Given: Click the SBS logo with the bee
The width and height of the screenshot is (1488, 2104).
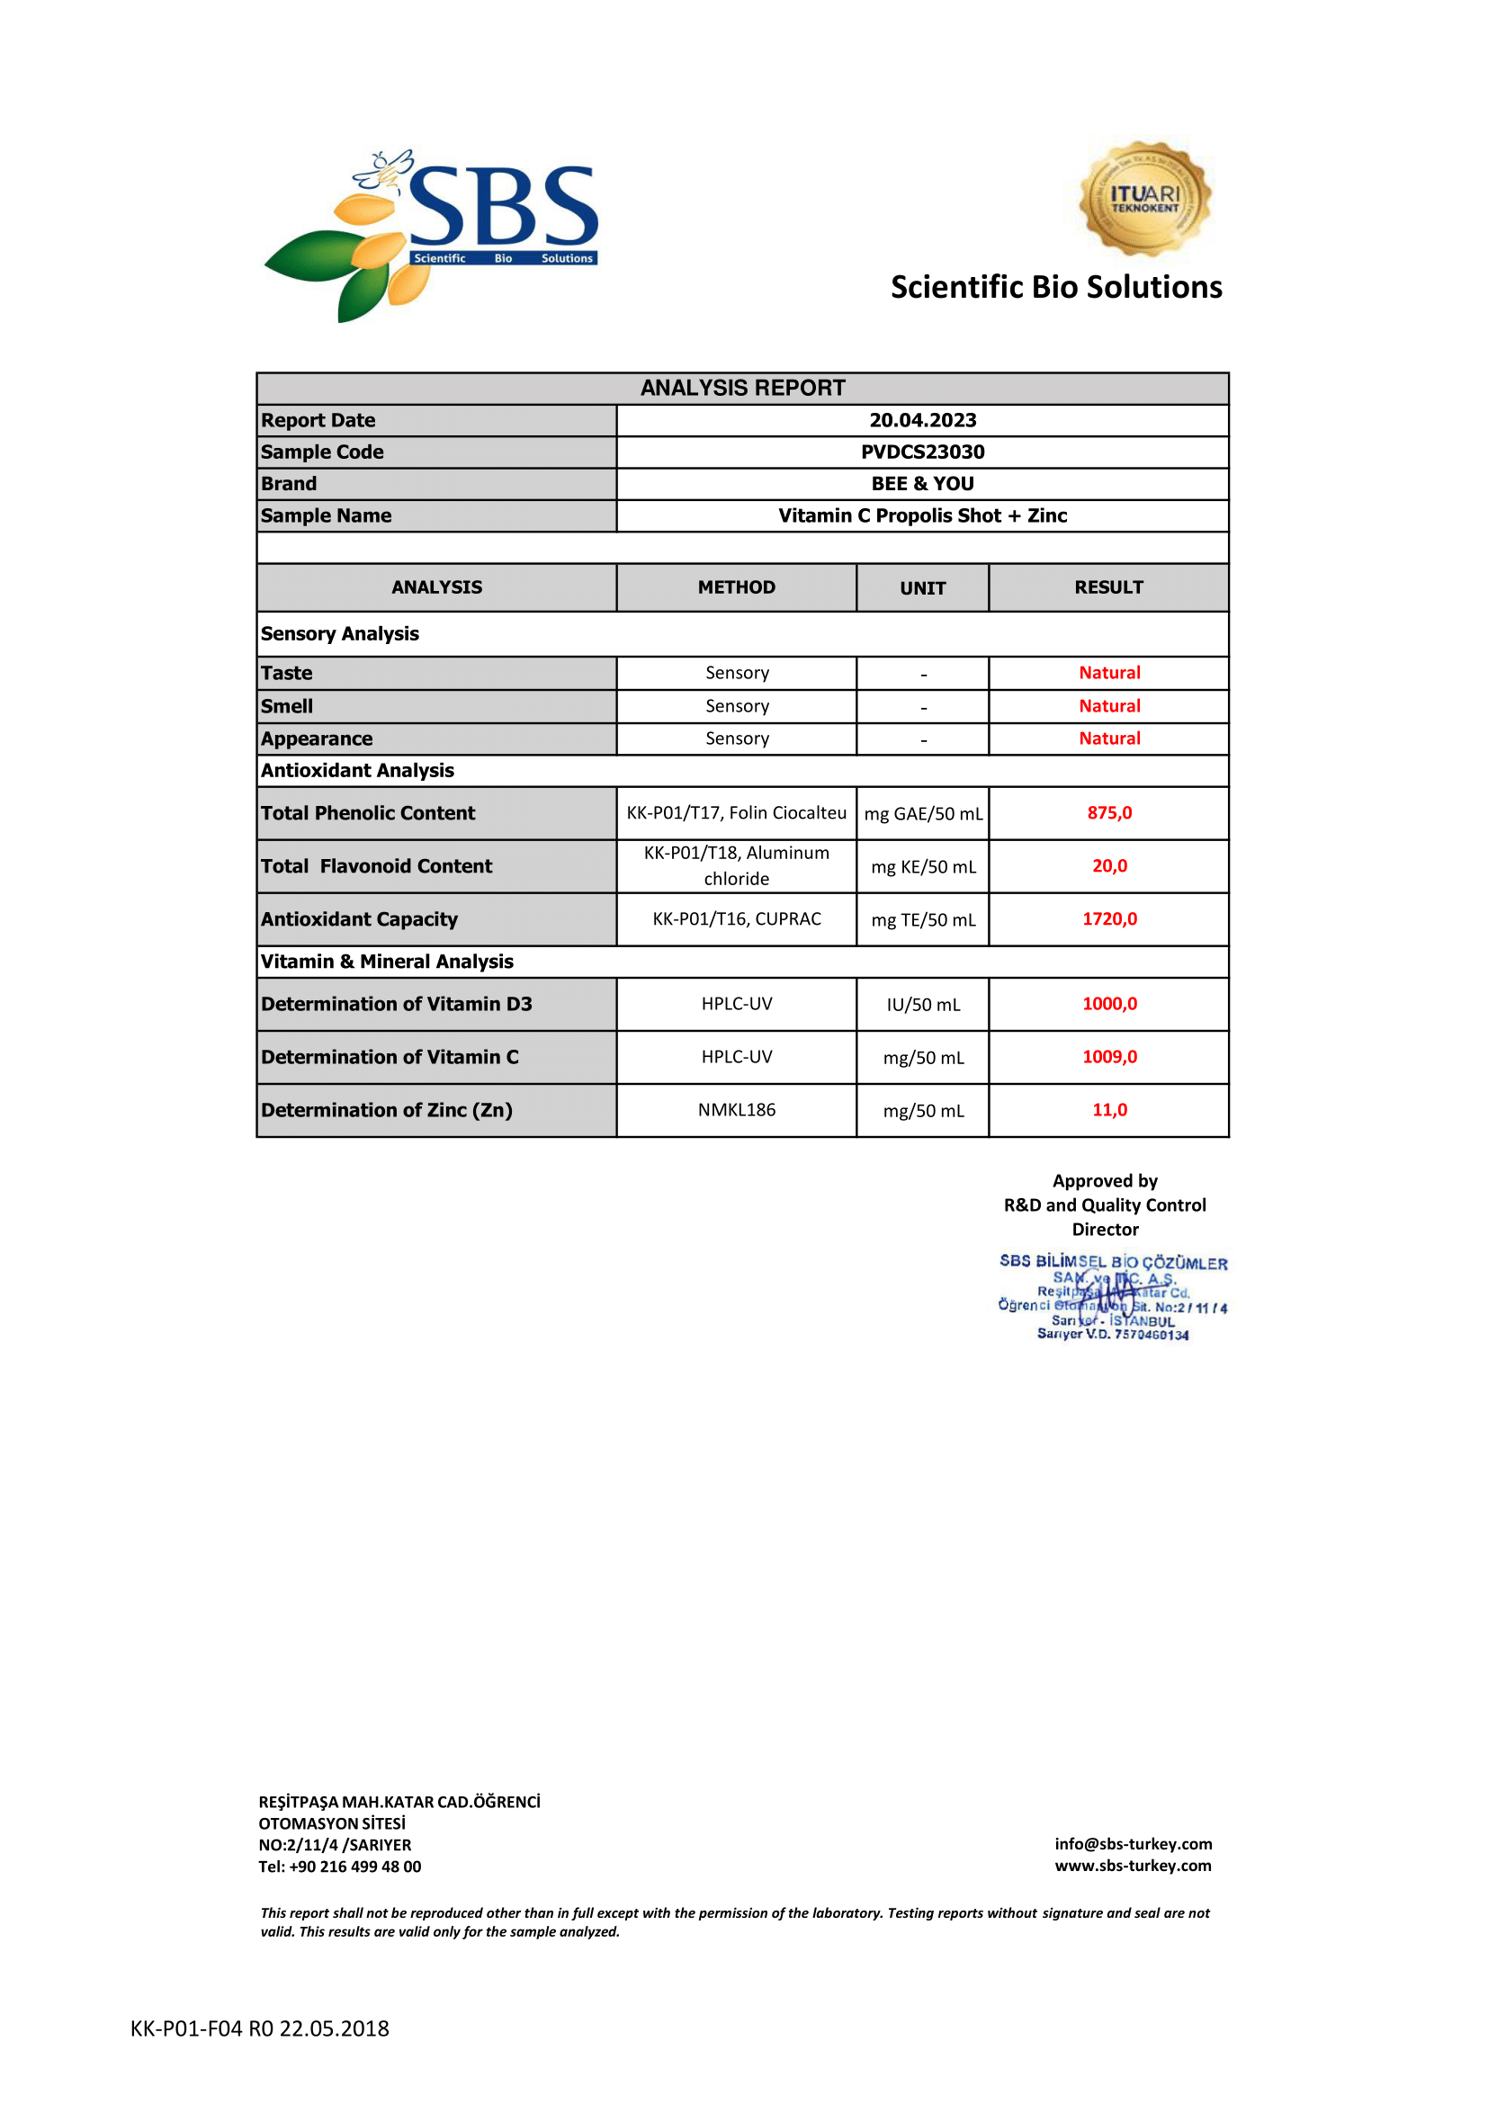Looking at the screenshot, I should [x=431, y=234].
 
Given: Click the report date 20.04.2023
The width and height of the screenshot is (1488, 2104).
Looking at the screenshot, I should [x=922, y=421].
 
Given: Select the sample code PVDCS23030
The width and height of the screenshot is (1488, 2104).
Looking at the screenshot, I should [x=922, y=452].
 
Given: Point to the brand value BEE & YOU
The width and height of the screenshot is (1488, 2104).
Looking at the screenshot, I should [x=922, y=484].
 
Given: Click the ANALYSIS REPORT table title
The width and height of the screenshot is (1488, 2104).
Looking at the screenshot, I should [x=742, y=388].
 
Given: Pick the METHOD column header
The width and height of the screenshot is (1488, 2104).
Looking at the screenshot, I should [x=736, y=587].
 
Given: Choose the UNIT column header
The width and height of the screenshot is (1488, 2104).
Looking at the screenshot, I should [x=922, y=588].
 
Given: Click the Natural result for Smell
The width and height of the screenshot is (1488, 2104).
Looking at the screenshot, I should [x=1108, y=705].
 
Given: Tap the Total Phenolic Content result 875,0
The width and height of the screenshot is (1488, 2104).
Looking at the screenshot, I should [x=1108, y=813].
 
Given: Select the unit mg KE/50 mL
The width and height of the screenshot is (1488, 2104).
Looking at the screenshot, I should [x=923, y=867].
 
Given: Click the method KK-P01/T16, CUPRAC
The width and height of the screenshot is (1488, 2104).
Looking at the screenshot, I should [x=736, y=919].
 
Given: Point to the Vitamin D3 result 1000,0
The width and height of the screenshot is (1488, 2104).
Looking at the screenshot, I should [x=1108, y=1004].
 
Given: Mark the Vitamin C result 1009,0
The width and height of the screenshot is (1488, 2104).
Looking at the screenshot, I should [x=1108, y=1057].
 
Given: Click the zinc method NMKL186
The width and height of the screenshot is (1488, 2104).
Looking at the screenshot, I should [x=736, y=1110].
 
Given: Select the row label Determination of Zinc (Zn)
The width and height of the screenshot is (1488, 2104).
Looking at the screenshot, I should [x=387, y=1110].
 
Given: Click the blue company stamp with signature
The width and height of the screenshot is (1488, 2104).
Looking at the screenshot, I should [x=1112, y=1297].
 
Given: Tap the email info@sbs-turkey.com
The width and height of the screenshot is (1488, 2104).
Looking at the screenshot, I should [x=1133, y=1844].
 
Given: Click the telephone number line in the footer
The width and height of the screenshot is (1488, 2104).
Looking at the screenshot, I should [x=340, y=1867].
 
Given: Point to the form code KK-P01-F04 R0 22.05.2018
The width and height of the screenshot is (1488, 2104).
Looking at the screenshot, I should [x=259, y=2028].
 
